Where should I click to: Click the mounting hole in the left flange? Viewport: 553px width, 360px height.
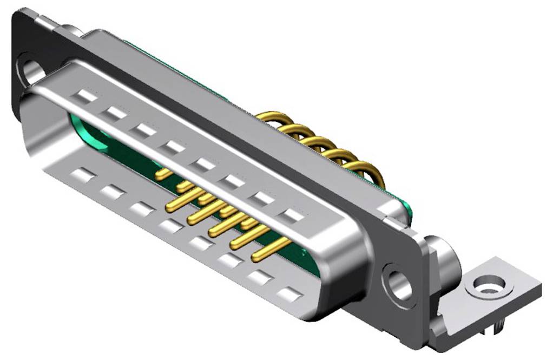pos(32,71)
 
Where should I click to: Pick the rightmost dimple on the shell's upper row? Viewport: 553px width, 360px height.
pos(293,216)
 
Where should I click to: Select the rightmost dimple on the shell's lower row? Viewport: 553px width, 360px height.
pos(290,294)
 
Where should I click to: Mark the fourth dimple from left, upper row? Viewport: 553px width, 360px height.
pos(174,147)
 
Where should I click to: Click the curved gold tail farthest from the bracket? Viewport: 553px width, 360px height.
pos(271,117)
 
